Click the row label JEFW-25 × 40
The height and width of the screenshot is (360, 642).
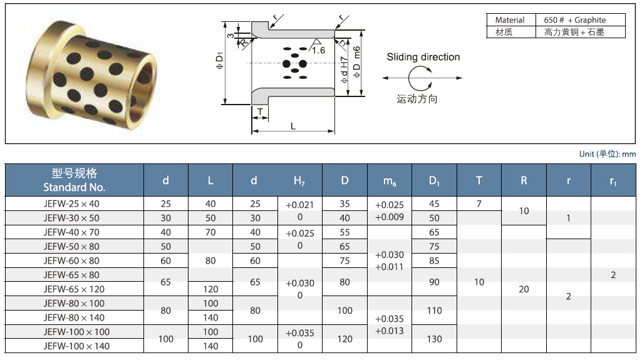click(x=71, y=204)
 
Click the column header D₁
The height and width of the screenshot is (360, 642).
click(x=434, y=180)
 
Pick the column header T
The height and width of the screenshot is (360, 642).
click(x=479, y=180)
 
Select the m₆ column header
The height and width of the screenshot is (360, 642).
click(x=389, y=180)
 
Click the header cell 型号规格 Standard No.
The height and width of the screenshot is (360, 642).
click(x=75, y=180)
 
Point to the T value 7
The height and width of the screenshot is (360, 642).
click(x=479, y=204)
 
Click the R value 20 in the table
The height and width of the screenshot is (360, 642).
click(x=524, y=289)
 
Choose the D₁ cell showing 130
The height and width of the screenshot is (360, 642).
click(x=434, y=339)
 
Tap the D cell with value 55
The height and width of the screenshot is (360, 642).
click(x=344, y=232)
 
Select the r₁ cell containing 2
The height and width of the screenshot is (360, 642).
click(x=613, y=275)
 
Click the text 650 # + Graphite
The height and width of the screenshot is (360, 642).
click(x=574, y=20)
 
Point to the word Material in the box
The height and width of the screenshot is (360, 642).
click(x=510, y=20)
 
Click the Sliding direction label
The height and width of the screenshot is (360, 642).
click(x=423, y=57)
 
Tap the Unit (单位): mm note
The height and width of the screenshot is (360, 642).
click(x=607, y=154)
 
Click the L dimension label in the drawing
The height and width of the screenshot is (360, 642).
click(x=293, y=126)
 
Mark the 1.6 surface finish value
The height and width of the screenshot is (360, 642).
click(x=319, y=50)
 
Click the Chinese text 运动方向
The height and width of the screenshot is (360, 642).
click(x=417, y=99)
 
